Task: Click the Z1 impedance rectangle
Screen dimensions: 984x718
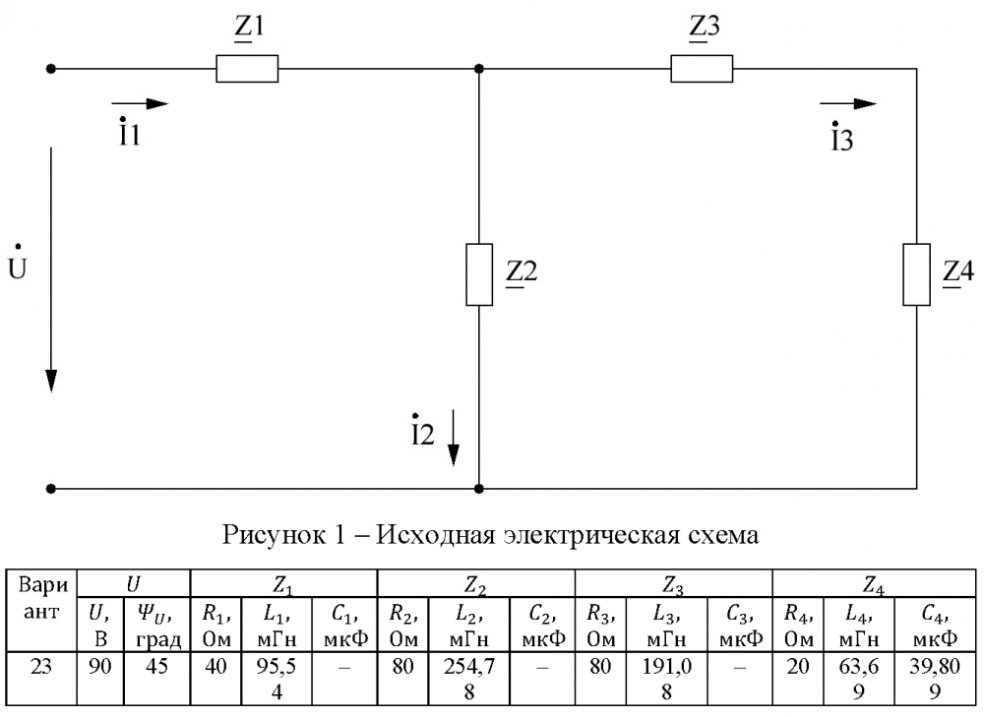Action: [247, 69]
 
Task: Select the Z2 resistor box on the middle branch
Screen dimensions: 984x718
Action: [479, 274]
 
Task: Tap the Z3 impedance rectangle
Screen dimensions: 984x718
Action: [702, 69]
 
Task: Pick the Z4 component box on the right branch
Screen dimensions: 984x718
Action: [916, 274]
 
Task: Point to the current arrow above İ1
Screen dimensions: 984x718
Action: [140, 103]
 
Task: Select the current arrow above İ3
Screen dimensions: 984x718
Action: [848, 103]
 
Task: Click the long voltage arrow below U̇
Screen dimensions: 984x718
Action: [51, 269]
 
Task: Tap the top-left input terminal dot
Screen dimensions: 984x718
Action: [51, 69]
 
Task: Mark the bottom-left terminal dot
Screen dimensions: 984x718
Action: [51, 489]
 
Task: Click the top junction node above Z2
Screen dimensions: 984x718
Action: [479, 69]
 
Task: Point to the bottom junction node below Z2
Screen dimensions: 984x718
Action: [479, 489]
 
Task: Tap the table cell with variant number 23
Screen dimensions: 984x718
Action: [41, 679]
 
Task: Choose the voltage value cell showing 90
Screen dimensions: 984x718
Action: [100, 679]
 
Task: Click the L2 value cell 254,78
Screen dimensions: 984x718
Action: [468, 679]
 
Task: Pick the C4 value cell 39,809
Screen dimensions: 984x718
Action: [935, 679]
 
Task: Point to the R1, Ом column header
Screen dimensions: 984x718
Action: [216, 626]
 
